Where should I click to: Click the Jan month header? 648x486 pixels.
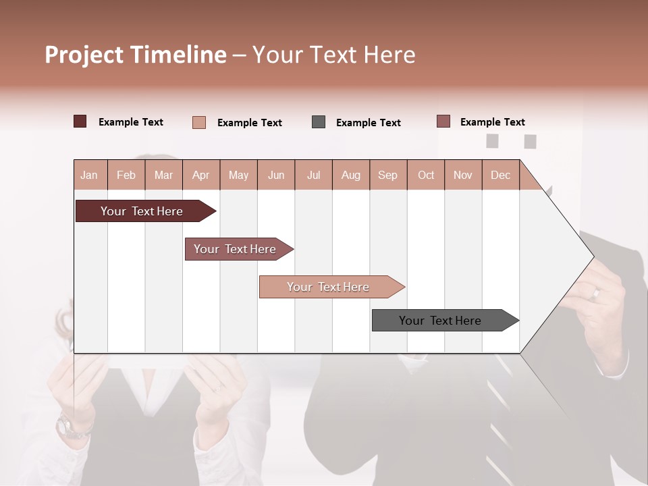click(90, 175)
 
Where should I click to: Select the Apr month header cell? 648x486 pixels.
click(201, 175)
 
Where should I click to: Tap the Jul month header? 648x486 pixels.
click(313, 175)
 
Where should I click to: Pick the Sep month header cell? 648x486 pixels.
click(387, 175)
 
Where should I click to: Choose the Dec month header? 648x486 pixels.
click(500, 175)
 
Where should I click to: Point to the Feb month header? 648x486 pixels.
click(126, 175)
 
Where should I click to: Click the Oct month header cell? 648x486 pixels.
click(426, 175)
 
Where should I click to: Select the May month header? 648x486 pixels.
click(238, 175)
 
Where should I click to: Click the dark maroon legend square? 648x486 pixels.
click(80, 122)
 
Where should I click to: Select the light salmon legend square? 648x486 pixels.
click(199, 122)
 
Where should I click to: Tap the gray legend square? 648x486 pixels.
click(319, 122)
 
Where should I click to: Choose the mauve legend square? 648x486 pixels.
click(443, 122)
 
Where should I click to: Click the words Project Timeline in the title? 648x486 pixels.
click(136, 55)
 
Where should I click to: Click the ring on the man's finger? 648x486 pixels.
click(595, 293)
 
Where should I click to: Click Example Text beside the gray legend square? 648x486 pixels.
click(368, 123)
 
